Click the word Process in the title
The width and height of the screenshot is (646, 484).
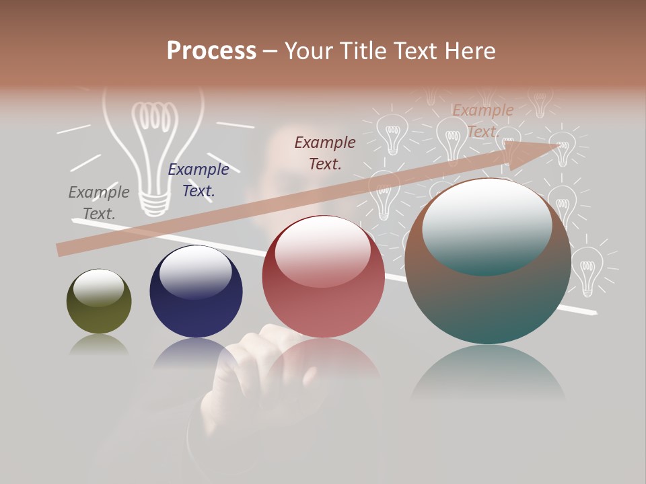(x=211, y=51)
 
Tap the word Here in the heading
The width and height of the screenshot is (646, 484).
(x=467, y=51)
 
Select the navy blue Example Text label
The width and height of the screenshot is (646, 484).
(x=199, y=180)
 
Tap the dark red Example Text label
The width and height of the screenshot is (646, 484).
(x=325, y=153)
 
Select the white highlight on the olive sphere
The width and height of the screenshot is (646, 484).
(x=99, y=288)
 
